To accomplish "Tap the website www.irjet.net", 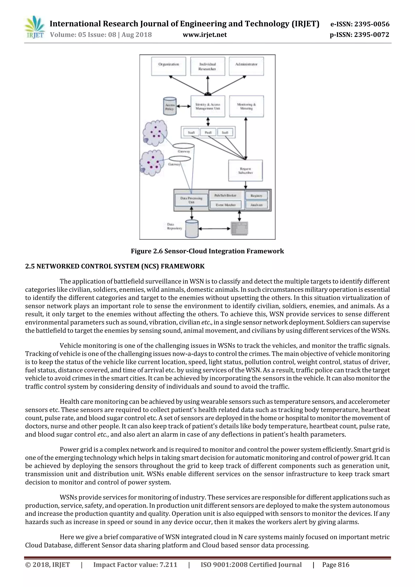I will click(x=204, y=35).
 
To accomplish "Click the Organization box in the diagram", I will click(x=169, y=66).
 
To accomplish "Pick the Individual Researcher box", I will click(x=207, y=66).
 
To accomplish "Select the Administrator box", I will click(x=246, y=66).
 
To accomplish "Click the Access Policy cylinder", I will click(x=170, y=106).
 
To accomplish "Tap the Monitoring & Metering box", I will click(x=246, y=106).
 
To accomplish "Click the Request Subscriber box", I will click(x=245, y=171).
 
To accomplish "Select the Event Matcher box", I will click(x=226, y=205).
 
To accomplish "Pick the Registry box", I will click(x=256, y=196).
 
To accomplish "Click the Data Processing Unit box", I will click(x=191, y=200).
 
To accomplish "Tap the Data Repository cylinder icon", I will click(x=192, y=228).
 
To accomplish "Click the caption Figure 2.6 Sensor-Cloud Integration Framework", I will click(x=207, y=251).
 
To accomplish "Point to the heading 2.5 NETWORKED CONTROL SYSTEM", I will click(x=115, y=266).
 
